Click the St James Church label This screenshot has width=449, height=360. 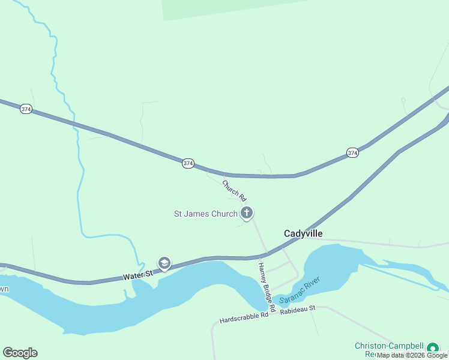tap(206, 214)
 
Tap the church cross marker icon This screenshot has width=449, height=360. tap(246, 212)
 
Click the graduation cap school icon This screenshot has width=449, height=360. tap(164, 263)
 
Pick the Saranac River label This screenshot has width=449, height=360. tap(300, 289)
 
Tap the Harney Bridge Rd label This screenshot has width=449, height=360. tap(267, 287)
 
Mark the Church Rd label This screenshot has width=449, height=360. tap(235, 190)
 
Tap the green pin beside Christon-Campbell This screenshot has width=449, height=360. tap(432, 347)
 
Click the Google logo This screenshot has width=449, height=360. tap(20, 353)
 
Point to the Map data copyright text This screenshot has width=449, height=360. tap(412, 355)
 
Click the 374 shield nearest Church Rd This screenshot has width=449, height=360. tap(188, 163)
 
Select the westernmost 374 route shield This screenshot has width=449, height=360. tap(26, 109)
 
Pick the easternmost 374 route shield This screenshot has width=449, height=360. tap(352, 154)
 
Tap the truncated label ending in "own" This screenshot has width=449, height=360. tap(4, 289)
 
